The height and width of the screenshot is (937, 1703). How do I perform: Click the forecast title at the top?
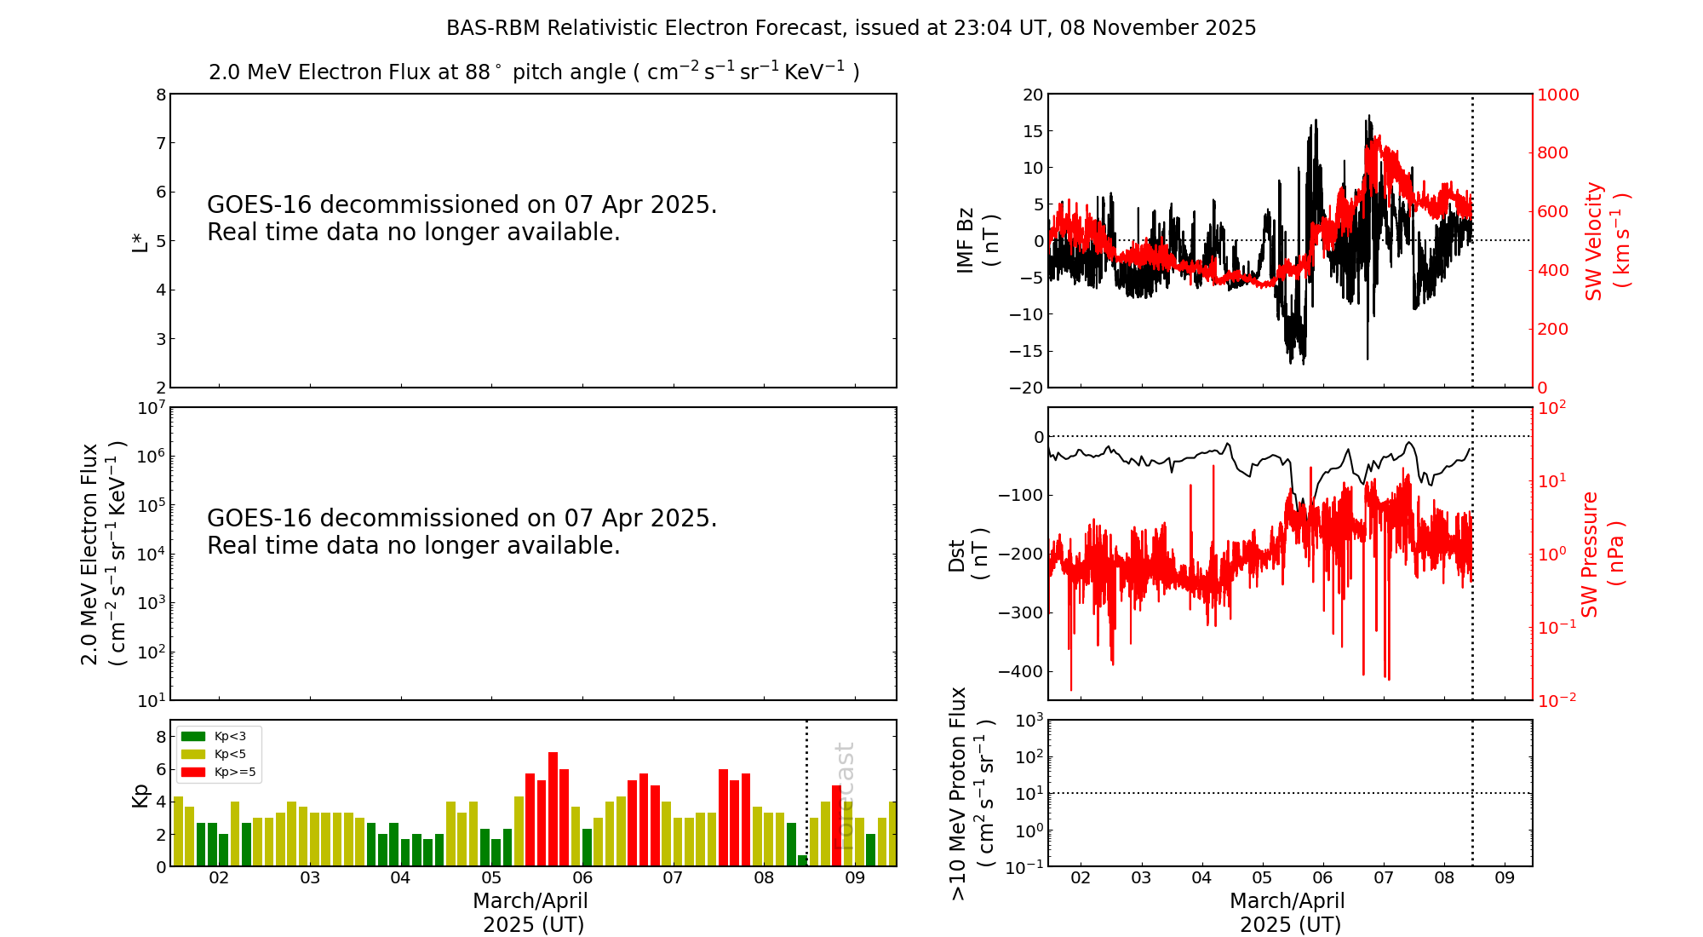851,28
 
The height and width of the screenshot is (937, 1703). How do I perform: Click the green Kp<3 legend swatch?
193,736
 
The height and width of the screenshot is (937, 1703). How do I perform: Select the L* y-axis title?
140,241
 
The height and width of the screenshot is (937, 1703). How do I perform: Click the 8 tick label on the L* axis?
161,95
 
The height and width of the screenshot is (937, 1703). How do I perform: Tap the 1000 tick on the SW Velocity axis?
1557,95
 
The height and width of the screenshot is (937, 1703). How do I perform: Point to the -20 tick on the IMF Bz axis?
1026,388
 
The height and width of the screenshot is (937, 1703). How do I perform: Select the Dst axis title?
967,555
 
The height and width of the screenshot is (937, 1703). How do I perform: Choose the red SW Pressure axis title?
1602,555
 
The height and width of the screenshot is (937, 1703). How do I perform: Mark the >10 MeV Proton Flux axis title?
970,793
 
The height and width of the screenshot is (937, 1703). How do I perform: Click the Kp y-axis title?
140,795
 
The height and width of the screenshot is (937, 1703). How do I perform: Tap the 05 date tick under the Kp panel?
491,878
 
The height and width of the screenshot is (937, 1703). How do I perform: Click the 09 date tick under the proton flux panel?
1505,878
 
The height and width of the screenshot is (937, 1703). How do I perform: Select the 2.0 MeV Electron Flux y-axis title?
102,555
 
